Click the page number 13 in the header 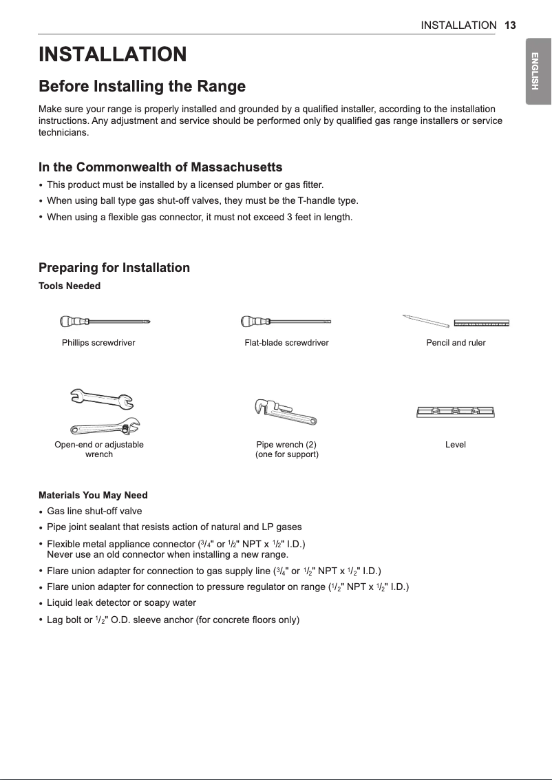pyautogui.click(x=509, y=25)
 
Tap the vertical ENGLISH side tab pyautogui.click(x=538, y=76)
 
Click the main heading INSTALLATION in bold pyautogui.click(x=112, y=54)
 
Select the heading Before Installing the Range pyautogui.click(x=142, y=87)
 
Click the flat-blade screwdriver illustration pyautogui.click(x=286, y=322)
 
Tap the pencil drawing pyautogui.click(x=425, y=320)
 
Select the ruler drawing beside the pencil pyautogui.click(x=481, y=322)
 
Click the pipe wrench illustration pyautogui.click(x=285, y=413)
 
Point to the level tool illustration pyautogui.click(x=456, y=412)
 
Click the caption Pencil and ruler pyautogui.click(x=456, y=343)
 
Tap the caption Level pyautogui.click(x=456, y=445)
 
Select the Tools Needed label pyautogui.click(x=70, y=286)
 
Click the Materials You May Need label pyautogui.click(x=93, y=496)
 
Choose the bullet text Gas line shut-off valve pyautogui.click(x=94, y=511)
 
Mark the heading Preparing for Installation pyautogui.click(x=114, y=268)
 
